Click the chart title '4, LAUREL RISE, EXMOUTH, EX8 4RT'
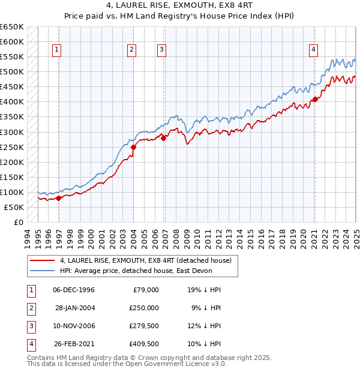pos(179,7)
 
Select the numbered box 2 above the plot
pos(131,50)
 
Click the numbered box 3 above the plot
pos(162,50)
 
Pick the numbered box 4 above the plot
pos(314,50)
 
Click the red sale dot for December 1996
pos(58,198)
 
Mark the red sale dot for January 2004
pos(133,147)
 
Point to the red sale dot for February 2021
pos(315,99)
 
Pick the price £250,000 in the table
pos(144,308)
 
